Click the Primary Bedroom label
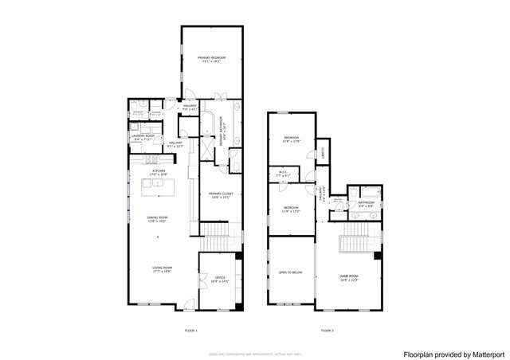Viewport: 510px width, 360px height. pyautogui.click(x=212, y=58)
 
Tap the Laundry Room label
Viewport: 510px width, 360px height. pyautogui.click(x=143, y=136)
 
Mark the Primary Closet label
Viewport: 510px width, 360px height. pyautogui.click(x=219, y=194)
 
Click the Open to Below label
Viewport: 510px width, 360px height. pyautogui.click(x=290, y=272)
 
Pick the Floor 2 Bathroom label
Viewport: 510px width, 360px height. pyautogui.click(x=366, y=203)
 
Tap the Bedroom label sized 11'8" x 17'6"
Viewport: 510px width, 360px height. pyautogui.click(x=291, y=139)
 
